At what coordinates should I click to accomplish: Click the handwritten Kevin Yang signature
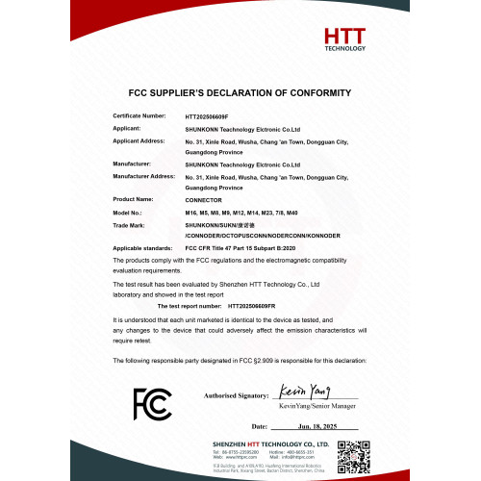point(300,392)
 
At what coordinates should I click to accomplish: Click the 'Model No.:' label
point(128,211)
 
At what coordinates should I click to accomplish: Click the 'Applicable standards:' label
point(142,247)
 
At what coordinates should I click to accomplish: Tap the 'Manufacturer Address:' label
point(143,176)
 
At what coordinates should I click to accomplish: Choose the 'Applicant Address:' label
point(139,139)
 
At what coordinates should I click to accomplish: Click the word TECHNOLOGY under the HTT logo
point(345,47)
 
